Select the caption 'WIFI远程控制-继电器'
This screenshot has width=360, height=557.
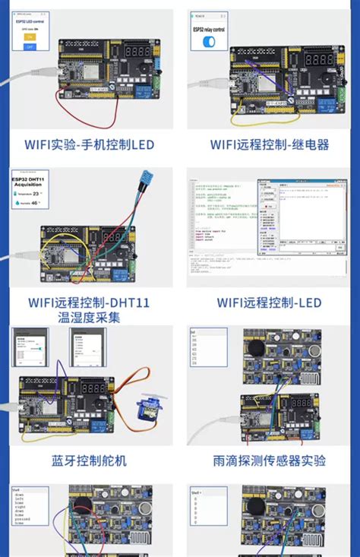(270, 144)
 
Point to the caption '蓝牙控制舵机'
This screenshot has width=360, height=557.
(89, 460)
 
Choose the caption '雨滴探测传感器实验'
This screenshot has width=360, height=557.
(270, 460)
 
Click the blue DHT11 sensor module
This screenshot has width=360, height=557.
(144, 180)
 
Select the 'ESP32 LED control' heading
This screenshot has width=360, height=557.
(30, 22)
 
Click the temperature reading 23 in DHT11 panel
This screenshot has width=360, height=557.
(36, 194)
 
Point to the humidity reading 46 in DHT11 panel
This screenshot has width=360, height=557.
(36, 204)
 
